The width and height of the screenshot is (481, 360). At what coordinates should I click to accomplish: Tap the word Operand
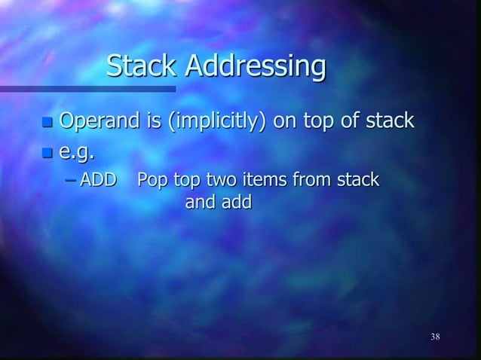96,121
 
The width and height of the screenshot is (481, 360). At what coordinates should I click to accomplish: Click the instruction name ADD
98,180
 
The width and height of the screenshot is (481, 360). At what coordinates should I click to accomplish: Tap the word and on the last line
200,202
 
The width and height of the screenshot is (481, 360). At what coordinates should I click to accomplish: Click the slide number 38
435,336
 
